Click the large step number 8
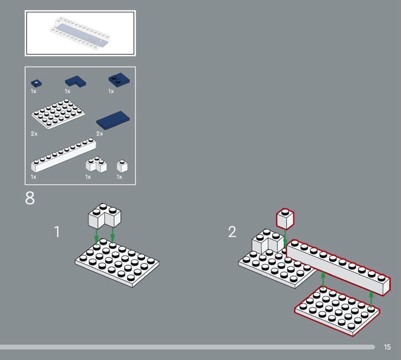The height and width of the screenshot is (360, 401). (x=30, y=198)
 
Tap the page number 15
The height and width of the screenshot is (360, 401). (x=387, y=347)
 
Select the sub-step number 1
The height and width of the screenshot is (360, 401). (x=57, y=232)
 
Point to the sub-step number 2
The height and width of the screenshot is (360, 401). (x=232, y=232)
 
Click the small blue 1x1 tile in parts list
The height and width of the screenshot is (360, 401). (x=37, y=83)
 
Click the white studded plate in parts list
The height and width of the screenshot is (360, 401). (x=58, y=114)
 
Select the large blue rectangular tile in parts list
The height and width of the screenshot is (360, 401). (x=113, y=120)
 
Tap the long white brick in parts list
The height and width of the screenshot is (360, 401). (x=64, y=155)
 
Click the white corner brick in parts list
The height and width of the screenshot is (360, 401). (x=96, y=164)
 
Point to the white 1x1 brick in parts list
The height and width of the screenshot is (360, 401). (x=122, y=166)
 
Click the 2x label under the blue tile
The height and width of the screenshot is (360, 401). (x=99, y=133)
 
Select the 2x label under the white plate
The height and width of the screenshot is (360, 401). (x=34, y=133)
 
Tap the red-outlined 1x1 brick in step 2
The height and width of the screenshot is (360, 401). (x=285, y=219)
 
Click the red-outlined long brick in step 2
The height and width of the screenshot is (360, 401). (x=338, y=268)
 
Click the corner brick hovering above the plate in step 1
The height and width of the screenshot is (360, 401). (x=105, y=216)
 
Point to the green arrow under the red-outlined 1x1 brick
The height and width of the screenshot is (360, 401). (x=285, y=239)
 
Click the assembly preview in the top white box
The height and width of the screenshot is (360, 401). (x=80, y=33)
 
